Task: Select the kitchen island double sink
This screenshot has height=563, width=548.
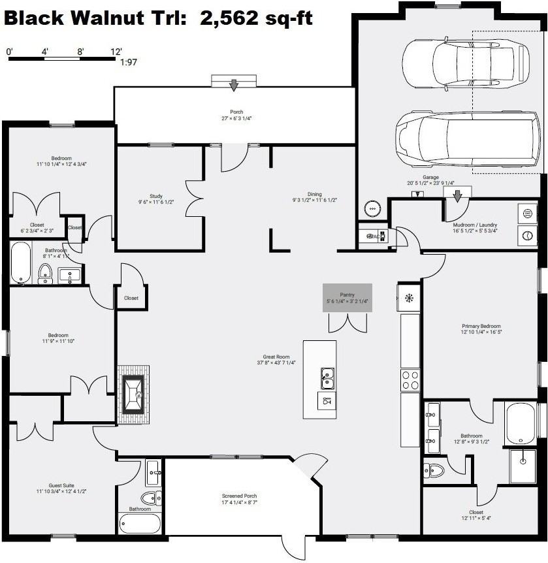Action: click(328, 376)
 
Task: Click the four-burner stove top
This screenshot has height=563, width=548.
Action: click(410, 380)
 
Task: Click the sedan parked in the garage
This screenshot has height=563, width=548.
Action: click(465, 64)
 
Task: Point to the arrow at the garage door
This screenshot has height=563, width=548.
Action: click(458, 195)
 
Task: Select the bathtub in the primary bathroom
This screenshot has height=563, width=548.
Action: click(521, 423)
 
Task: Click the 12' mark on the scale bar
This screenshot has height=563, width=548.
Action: click(116, 51)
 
